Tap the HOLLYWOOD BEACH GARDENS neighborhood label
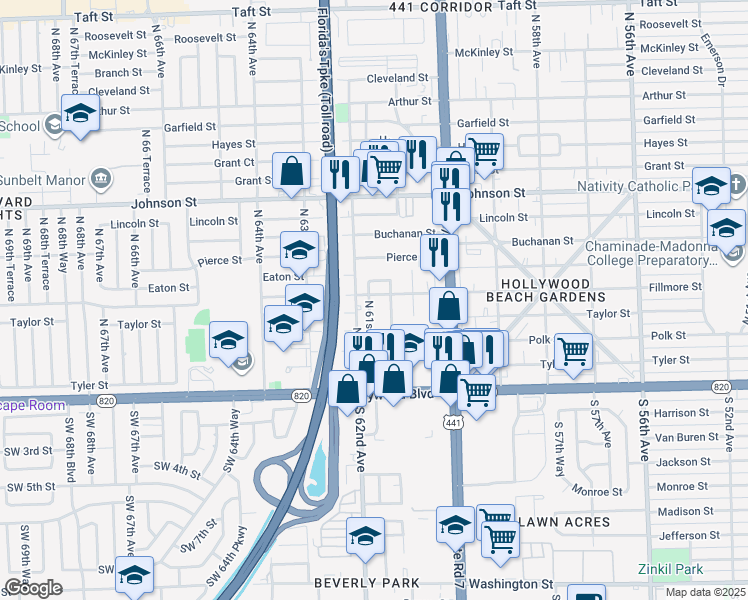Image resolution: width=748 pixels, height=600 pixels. coord(546,290)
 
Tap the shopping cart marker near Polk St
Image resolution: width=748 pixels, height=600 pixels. coord(572,349)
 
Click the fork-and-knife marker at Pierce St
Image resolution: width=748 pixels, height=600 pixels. coord(438,250)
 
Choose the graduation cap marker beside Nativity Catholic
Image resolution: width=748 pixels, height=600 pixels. coord(711,185)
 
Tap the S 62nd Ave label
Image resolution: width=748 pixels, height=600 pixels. coord(358,441)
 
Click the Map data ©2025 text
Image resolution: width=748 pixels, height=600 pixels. coord(705,593)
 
